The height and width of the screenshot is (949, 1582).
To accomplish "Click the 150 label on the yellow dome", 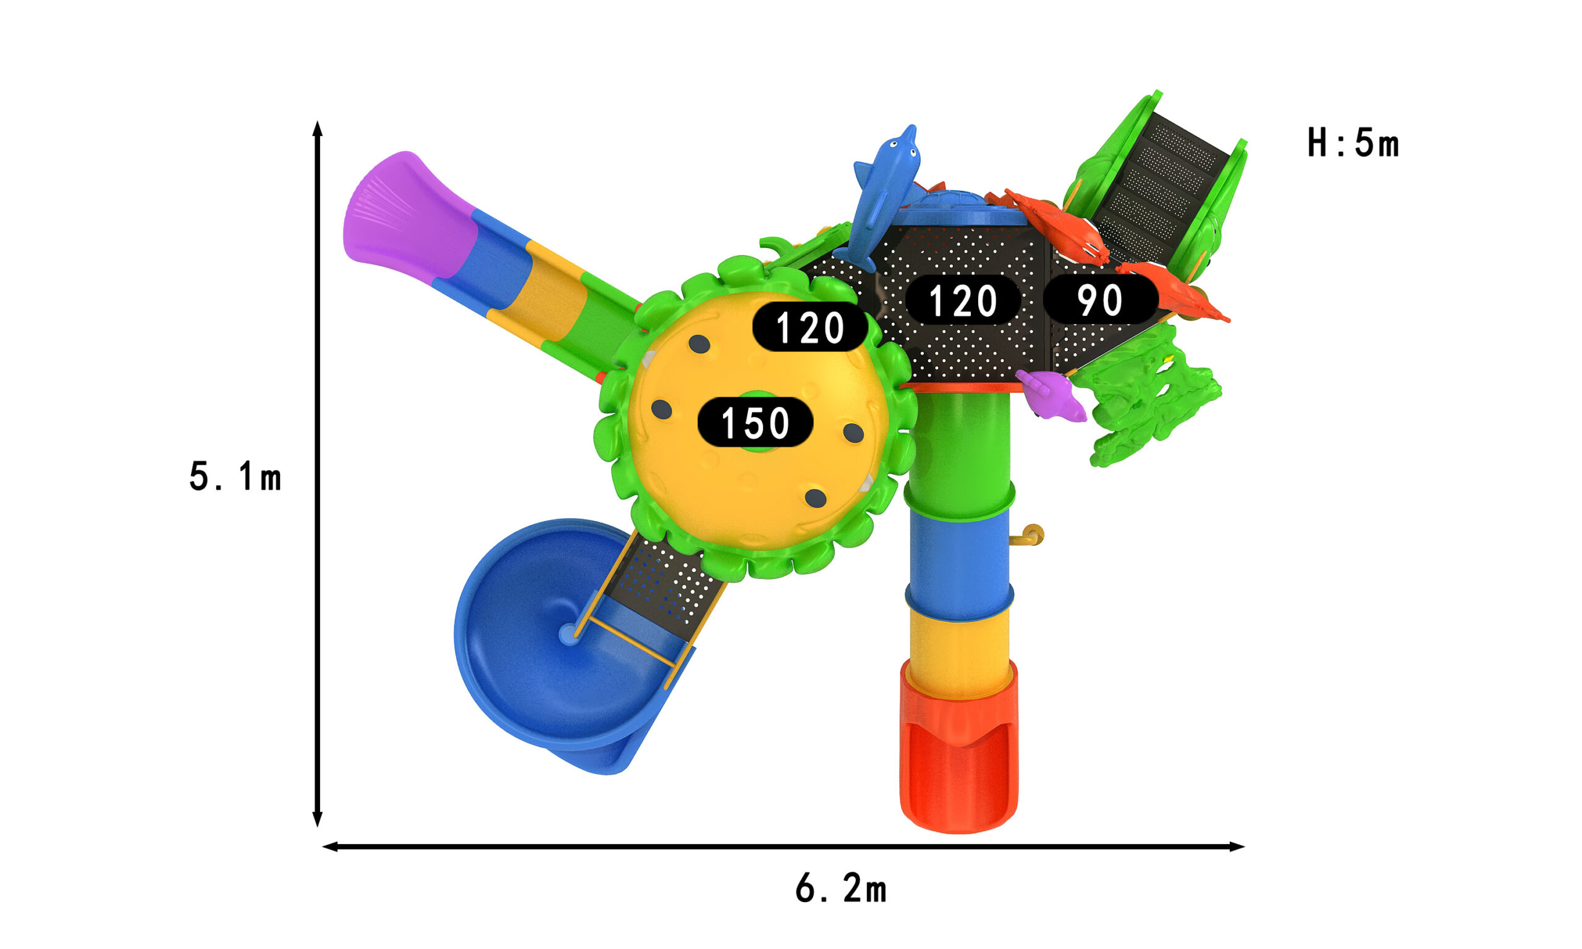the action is click(755, 422).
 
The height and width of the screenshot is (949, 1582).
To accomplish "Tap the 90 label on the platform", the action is click(1100, 299).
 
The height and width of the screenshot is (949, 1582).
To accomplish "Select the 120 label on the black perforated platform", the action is click(962, 299).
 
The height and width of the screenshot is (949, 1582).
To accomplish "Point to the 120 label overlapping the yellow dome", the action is click(810, 327).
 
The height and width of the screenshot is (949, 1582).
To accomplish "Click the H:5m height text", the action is click(1353, 143).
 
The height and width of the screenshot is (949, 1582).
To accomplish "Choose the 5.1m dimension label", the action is click(235, 476).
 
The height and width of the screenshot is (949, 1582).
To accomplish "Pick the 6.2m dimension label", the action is click(841, 889).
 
